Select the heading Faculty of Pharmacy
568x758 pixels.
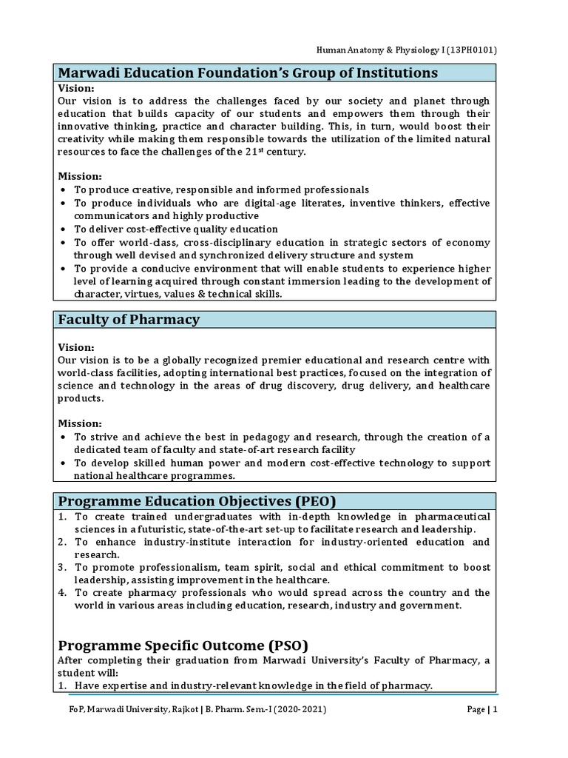pos(129,320)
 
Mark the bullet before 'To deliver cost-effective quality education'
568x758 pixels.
pos(63,229)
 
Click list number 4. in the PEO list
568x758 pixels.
pos(63,592)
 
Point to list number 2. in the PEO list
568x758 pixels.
pos(63,542)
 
